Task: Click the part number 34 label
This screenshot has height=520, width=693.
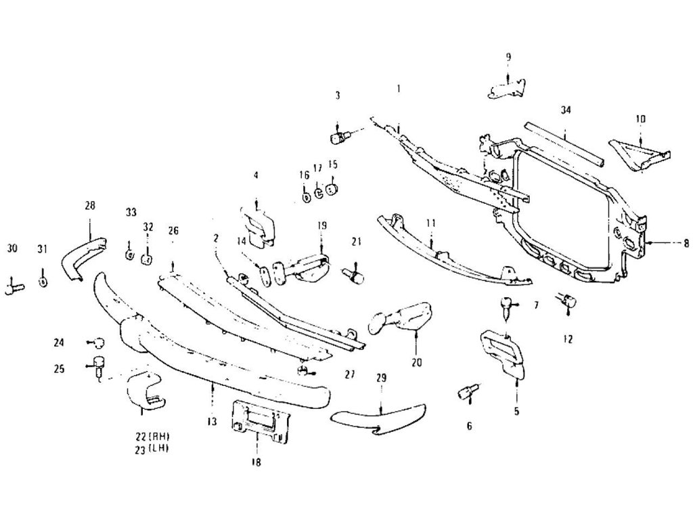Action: (566, 110)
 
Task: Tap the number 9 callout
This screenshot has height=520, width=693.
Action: (508, 56)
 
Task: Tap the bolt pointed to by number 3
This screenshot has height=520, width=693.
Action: (339, 139)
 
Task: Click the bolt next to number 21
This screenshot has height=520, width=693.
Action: (353, 274)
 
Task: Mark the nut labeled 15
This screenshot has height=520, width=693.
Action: (332, 189)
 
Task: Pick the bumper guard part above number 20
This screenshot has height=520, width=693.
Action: (401, 317)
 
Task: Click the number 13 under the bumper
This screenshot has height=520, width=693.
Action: (212, 421)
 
